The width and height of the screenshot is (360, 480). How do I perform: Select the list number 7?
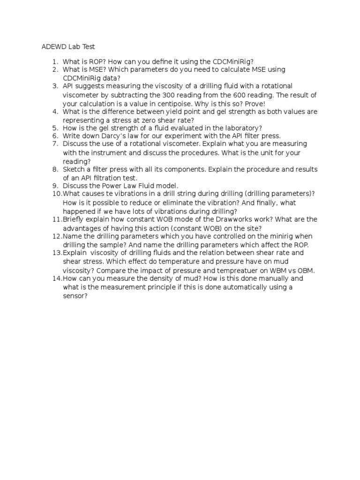pyautogui.click(x=55, y=144)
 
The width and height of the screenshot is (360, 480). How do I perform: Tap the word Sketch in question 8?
pyautogui.click(x=74, y=169)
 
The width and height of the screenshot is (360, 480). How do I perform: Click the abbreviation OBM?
pyautogui.click(x=305, y=270)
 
